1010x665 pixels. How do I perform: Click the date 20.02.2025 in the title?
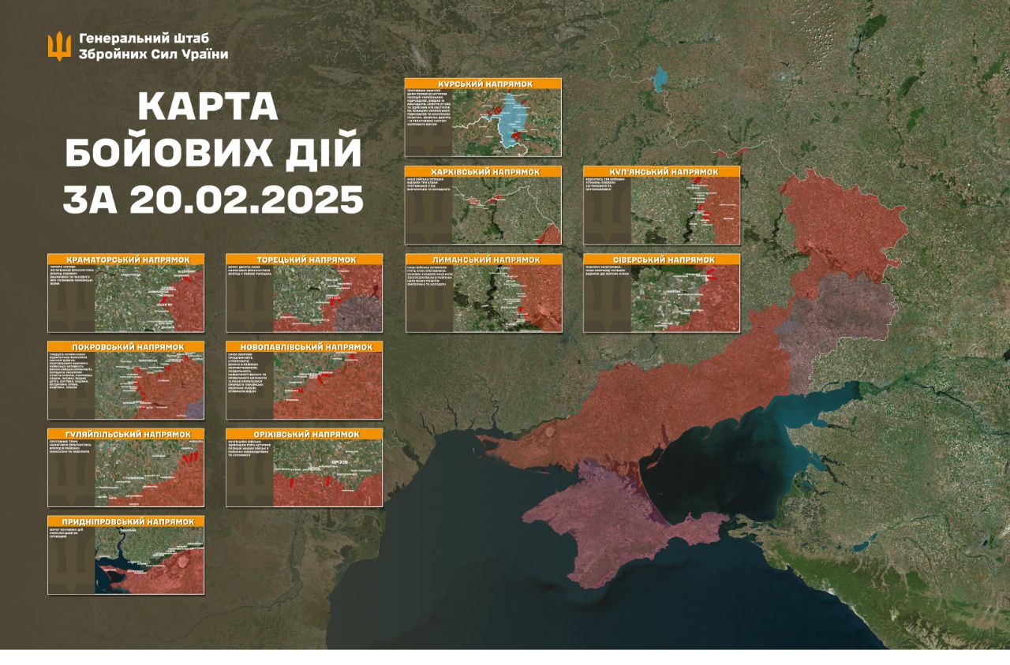tap(212, 200)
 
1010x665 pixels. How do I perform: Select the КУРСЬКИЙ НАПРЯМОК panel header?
tap(483, 84)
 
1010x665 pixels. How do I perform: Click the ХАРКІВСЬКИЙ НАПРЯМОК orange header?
tap(483, 171)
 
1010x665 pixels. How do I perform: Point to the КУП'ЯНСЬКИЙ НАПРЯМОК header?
tap(662, 171)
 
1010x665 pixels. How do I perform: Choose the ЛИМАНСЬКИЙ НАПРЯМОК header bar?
tap(483, 259)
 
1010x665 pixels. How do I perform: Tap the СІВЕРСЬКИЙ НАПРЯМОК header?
tap(662, 259)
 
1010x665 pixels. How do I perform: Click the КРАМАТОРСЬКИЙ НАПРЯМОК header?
tap(125, 259)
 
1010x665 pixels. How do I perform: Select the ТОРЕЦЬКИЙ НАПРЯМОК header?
tap(304, 259)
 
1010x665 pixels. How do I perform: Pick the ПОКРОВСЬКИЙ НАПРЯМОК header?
tap(125, 346)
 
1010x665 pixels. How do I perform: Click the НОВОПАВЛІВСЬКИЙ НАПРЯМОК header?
tap(304, 346)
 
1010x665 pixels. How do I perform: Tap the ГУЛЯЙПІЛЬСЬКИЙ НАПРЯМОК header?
tap(125, 434)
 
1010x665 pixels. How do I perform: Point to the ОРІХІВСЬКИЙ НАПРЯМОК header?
tap(304, 434)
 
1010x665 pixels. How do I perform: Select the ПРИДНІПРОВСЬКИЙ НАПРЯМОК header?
tap(125, 521)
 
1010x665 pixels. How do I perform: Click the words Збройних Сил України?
tap(153, 54)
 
